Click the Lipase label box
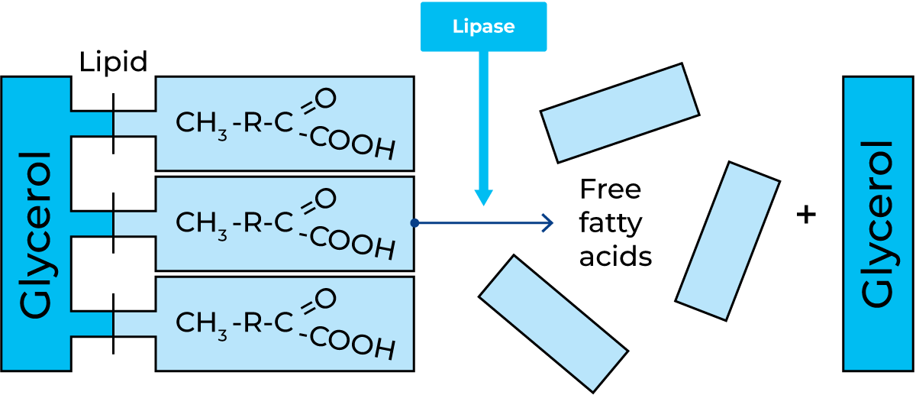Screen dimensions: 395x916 [483, 27]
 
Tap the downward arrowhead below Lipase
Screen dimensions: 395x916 [483, 196]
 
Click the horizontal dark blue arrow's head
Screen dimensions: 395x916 [547, 223]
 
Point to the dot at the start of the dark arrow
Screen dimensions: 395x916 [414, 223]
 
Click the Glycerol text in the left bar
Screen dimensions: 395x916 [37, 234]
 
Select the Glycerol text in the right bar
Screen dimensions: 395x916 [878, 224]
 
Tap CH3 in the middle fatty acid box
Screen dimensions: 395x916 [202, 223]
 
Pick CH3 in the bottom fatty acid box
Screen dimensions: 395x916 [202, 323]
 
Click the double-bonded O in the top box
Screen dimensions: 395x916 [325, 99]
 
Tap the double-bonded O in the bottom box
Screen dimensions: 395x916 [325, 299]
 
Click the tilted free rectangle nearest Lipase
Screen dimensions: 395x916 [620, 113]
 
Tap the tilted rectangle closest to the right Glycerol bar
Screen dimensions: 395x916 [727, 241]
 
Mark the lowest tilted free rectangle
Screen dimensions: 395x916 [553, 323]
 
